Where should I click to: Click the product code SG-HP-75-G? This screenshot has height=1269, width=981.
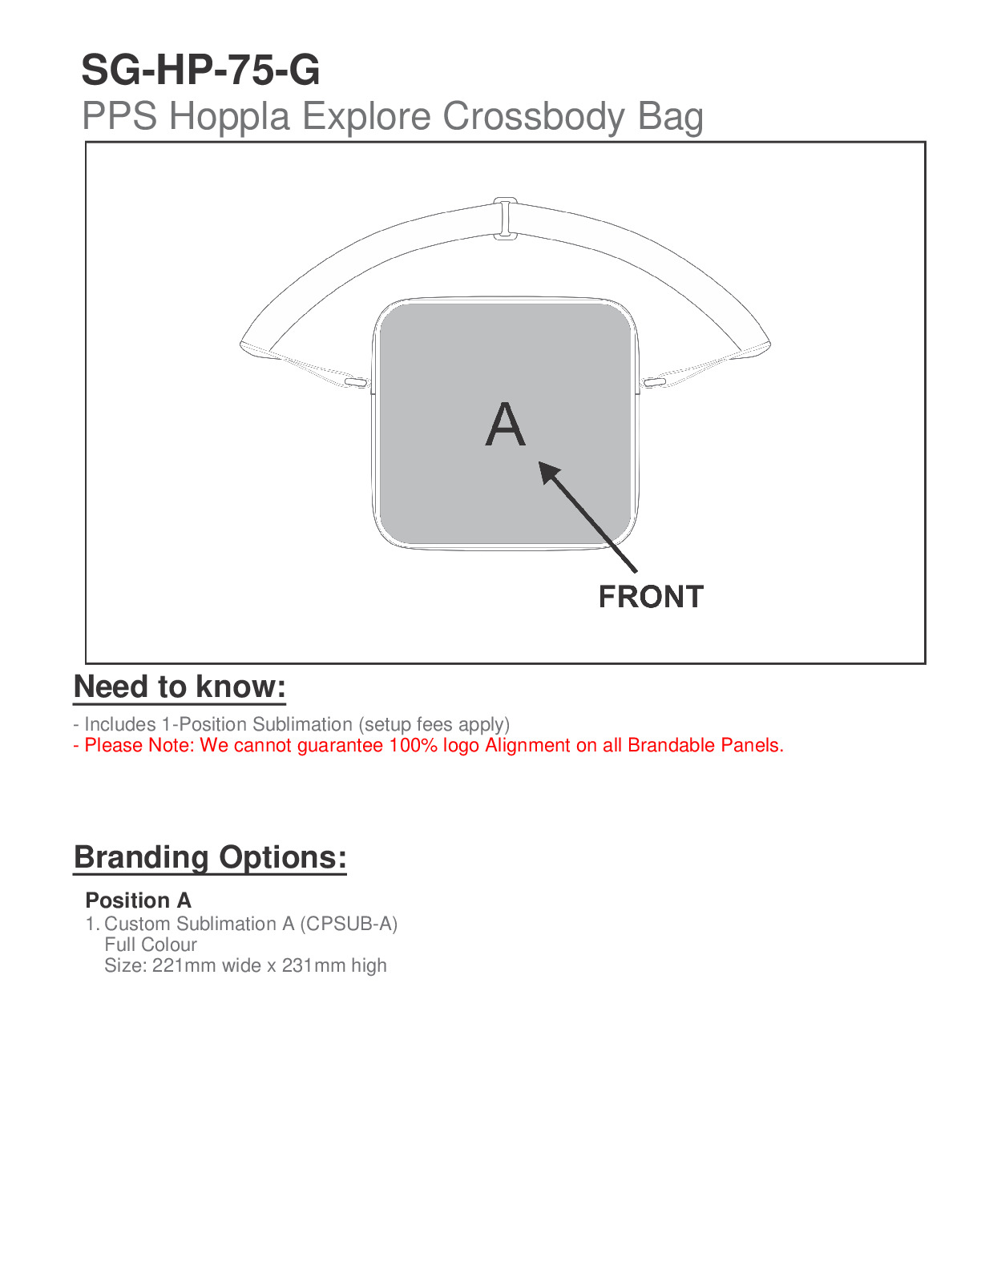(x=200, y=70)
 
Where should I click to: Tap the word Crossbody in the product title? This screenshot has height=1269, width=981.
(x=533, y=117)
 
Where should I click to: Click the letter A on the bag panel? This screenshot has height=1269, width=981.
(x=505, y=425)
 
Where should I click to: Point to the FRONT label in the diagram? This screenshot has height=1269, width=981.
(x=651, y=597)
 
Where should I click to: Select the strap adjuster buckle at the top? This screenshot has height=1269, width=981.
(x=505, y=218)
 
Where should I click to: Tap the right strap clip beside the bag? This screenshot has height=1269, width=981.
(x=654, y=382)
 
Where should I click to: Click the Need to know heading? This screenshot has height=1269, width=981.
(x=180, y=687)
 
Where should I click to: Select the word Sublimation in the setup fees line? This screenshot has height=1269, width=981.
(x=302, y=724)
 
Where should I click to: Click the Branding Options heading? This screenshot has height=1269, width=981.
(x=210, y=857)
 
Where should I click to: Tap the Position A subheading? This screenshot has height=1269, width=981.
(x=138, y=900)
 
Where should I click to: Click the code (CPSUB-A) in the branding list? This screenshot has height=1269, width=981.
(x=349, y=924)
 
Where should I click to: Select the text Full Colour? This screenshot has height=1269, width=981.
(x=151, y=945)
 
